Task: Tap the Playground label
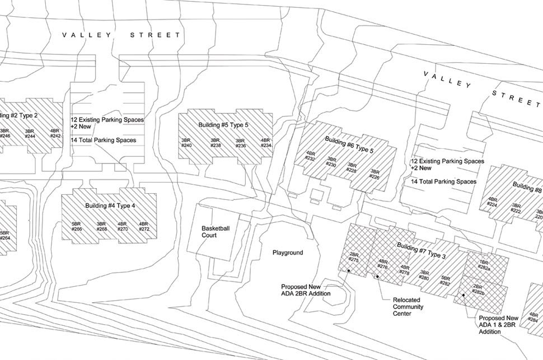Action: [x=288, y=253]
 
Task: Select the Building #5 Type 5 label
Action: [x=223, y=125]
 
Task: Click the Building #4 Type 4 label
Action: [x=110, y=205]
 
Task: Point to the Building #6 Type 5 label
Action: [x=349, y=144]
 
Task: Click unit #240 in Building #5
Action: [x=186, y=143]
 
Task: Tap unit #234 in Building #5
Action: [x=266, y=143]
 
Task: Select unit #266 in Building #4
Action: [x=77, y=226]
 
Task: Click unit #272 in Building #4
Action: [x=144, y=226]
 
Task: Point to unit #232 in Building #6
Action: [x=311, y=156]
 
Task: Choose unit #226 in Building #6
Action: [x=375, y=174]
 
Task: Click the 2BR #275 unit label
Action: [x=353, y=257]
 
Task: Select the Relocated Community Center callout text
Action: [x=408, y=307]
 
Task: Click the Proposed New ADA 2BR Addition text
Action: [x=306, y=289]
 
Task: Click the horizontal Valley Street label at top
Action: [x=121, y=35]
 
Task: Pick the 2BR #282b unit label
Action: [x=478, y=289]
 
